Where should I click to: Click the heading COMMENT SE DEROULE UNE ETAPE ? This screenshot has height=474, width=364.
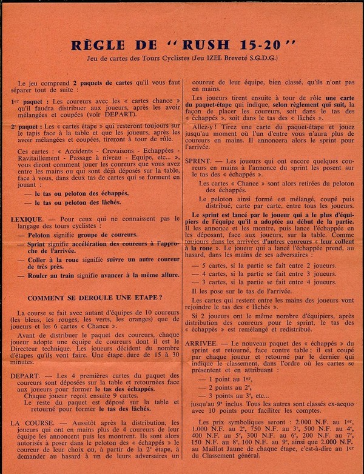pyautogui.click(x=95, y=297)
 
